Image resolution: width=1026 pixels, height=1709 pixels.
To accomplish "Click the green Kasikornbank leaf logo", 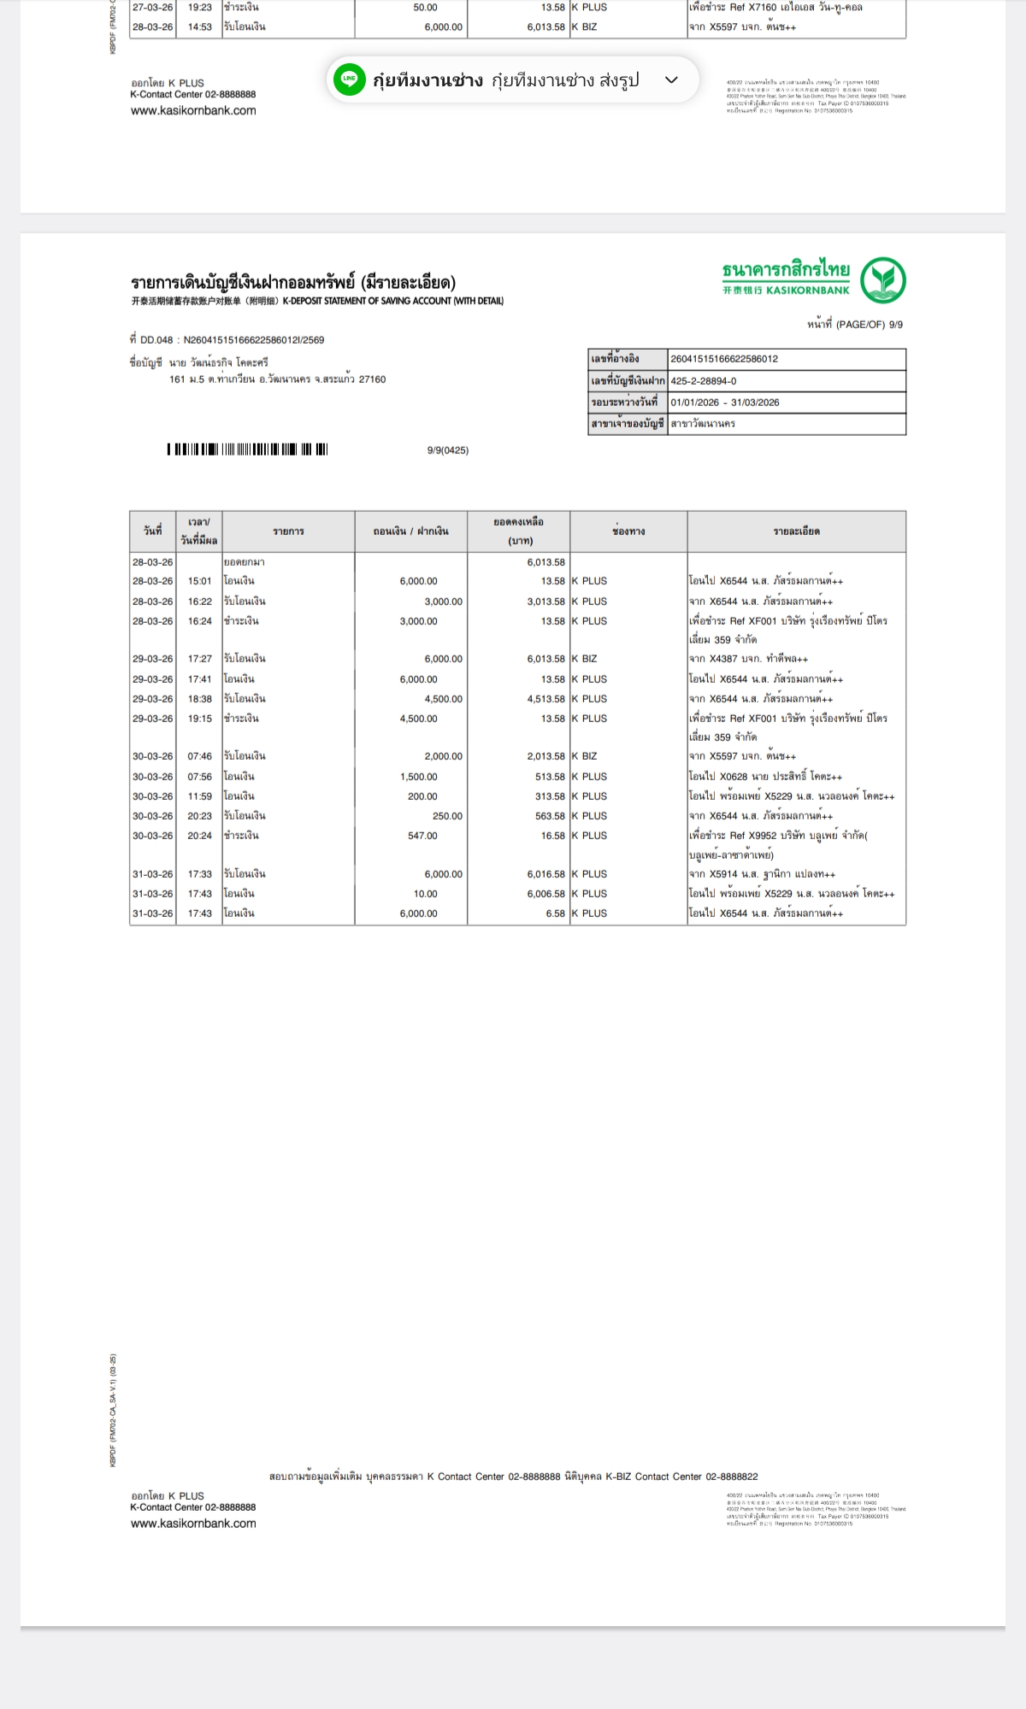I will [883, 279].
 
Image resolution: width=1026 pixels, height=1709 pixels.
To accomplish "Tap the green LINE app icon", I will [349, 79].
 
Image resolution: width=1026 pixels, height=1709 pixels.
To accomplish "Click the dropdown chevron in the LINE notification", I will [671, 79].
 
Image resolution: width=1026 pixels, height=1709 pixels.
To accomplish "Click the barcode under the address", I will [247, 449].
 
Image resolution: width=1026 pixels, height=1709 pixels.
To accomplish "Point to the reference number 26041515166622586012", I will [724, 359].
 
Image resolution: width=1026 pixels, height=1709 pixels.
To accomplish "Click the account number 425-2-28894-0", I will [704, 381].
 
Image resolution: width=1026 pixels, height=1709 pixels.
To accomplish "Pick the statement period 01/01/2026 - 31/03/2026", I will [725, 402].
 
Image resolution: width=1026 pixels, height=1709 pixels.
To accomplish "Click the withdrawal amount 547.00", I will [422, 836].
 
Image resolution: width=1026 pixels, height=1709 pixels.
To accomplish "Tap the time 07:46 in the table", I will [199, 756].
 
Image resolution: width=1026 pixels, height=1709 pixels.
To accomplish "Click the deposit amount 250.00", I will [447, 816].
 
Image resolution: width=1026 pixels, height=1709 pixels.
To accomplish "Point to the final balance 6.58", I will [555, 913].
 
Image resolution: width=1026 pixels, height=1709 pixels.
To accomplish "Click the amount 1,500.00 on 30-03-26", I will [418, 777].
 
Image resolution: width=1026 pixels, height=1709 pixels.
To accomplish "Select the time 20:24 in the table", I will [199, 836].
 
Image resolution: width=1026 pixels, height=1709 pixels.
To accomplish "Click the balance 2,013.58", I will [545, 756].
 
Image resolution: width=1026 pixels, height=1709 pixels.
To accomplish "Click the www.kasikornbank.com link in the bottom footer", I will [193, 1524].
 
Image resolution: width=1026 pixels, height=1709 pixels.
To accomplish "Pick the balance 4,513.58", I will [545, 699].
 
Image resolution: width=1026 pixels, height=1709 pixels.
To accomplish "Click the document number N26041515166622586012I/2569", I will [254, 340].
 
